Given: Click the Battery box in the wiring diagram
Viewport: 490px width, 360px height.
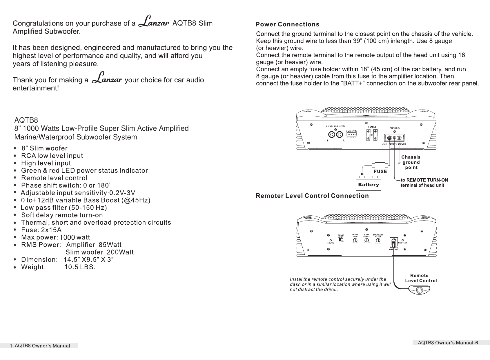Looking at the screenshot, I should (x=368, y=185).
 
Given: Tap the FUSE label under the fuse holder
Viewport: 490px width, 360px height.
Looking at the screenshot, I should (x=380, y=172).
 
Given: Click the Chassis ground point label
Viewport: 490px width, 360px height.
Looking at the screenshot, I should (x=411, y=162).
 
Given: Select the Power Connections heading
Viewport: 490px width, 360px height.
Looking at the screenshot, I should (x=287, y=25).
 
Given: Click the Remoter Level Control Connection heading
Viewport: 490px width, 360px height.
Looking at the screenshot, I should (x=312, y=196).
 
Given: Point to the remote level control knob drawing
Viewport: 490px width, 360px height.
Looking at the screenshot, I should (x=419, y=290).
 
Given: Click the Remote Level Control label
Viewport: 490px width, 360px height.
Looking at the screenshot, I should (x=420, y=278).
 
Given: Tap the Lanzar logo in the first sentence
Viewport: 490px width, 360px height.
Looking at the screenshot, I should (x=153, y=21).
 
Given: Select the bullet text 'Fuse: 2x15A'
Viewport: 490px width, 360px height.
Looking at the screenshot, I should (x=41, y=230).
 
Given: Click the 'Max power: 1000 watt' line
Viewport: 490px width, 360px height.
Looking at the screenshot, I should (x=55, y=237).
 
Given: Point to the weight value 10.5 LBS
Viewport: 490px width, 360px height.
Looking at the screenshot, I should (x=80, y=267).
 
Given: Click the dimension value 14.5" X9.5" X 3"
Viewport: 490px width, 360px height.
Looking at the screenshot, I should (x=88, y=260).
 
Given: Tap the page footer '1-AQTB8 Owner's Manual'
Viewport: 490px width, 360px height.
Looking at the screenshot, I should (x=40, y=346).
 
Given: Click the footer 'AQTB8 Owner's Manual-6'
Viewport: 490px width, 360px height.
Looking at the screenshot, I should (x=448, y=343).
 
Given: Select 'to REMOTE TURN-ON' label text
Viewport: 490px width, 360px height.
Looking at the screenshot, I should (x=424, y=180).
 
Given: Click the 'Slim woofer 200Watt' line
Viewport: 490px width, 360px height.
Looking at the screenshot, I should (x=99, y=252).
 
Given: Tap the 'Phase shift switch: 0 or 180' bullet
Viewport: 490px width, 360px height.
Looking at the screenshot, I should (x=65, y=186).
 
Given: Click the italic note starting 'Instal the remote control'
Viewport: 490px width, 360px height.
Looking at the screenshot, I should (x=340, y=284).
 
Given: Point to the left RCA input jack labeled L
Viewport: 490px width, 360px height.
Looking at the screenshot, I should (x=331, y=134).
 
